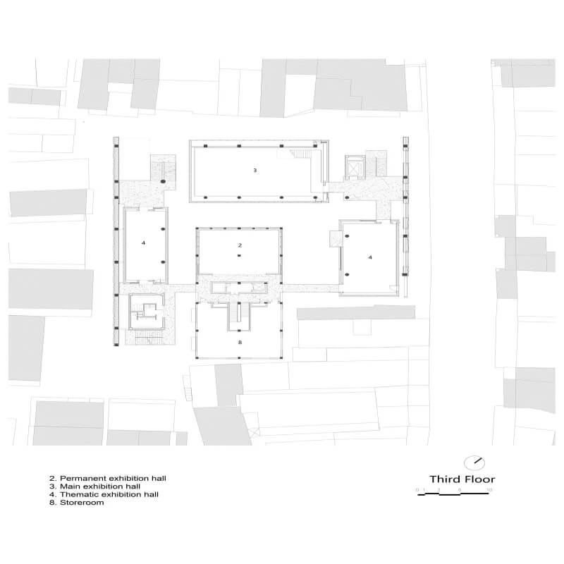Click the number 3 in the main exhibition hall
pos(255,171)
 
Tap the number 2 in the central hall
pos(240,245)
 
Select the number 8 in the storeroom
pos(240,342)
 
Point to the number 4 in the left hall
pos(143,243)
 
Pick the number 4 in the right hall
pos(370,257)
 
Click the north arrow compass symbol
pos(478,462)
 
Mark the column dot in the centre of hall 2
pos(240,256)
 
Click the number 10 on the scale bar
pos(489,489)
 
